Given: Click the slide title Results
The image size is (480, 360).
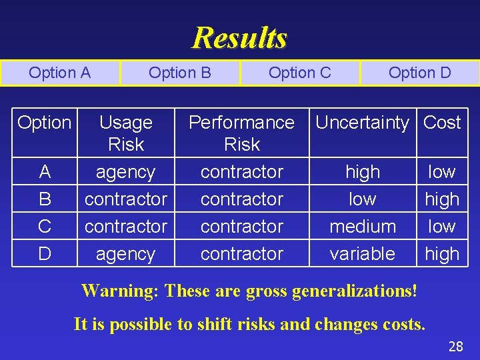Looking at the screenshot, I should click(x=239, y=37).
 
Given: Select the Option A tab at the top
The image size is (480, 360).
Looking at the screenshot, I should click(x=60, y=73).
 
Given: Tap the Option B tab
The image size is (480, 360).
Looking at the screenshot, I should click(x=180, y=73).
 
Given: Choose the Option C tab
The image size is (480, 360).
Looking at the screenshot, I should click(x=300, y=73).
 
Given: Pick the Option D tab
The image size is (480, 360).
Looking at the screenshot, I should click(x=419, y=73).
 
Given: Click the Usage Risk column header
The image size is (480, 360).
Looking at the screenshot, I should click(x=125, y=133).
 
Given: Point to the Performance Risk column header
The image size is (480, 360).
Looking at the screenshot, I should click(x=241, y=133).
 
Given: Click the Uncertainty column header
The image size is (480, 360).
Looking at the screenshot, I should click(x=362, y=123).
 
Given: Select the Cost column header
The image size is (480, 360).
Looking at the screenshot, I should click(x=442, y=123).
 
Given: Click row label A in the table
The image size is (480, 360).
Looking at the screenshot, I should click(x=45, y=172).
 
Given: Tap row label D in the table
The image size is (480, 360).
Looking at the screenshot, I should click(x=45, y=254).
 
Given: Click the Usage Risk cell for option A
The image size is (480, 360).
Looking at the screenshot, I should click(x=125, y=172).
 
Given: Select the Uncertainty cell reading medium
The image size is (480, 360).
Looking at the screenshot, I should click(x=363, y=227).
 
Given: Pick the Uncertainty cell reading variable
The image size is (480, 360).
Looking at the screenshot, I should click(x=363, y=254).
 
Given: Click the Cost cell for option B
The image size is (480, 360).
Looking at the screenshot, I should click(x=442, y=199).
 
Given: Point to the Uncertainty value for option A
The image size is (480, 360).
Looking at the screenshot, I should click(x=363, y=172).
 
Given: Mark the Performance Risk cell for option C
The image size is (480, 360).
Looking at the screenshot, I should click(x=241, y=227).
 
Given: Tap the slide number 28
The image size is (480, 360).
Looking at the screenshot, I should click(x=455, y=346).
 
